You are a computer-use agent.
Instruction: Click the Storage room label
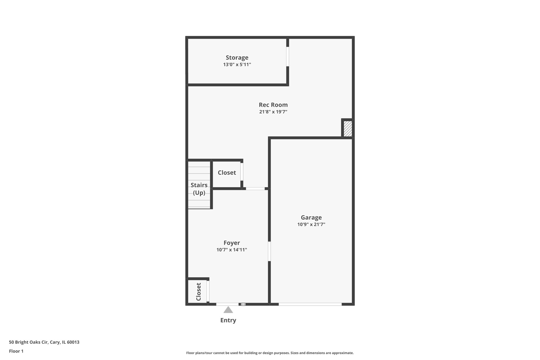point(237,57)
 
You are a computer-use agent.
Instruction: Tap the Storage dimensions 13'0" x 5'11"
point(237,65)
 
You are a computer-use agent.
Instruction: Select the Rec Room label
point(273,105)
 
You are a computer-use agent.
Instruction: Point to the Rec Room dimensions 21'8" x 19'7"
point(273,112)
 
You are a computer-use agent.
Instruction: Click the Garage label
point(311,217)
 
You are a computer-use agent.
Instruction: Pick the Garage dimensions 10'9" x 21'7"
point(311,224)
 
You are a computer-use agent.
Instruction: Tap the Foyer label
point(232,243)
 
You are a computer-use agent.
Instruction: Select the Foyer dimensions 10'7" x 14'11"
point(232,250)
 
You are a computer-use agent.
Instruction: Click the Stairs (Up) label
point(199,189)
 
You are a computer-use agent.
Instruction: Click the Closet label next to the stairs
point(227,172)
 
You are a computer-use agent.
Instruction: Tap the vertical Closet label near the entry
point(199,292)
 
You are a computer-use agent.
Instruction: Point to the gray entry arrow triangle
point(228,310)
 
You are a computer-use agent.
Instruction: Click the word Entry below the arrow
point(228,320)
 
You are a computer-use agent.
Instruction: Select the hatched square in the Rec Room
point(348,128)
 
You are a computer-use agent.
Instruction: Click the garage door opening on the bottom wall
point(310,304)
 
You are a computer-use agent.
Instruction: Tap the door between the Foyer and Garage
point(269,251)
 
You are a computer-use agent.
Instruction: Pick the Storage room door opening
point(287,56)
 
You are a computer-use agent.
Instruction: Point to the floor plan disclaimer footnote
point(270,353)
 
